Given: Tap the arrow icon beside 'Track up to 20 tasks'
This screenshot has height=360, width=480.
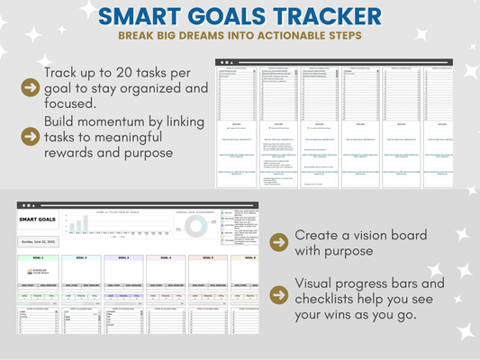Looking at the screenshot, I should point(30,87).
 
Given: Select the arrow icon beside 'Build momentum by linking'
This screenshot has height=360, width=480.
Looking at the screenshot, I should point(30,136).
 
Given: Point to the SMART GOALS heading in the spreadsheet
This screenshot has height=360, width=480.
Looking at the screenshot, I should point(39,219).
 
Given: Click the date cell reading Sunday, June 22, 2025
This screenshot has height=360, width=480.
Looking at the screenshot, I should point(39,242).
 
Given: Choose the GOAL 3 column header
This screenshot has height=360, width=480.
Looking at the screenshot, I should point(122,258).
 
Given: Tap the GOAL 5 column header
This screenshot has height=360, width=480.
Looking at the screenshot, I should point(207,258).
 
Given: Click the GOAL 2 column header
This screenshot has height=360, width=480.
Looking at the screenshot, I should point(80,258).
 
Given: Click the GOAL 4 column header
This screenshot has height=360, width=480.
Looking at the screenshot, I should point(165,258).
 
